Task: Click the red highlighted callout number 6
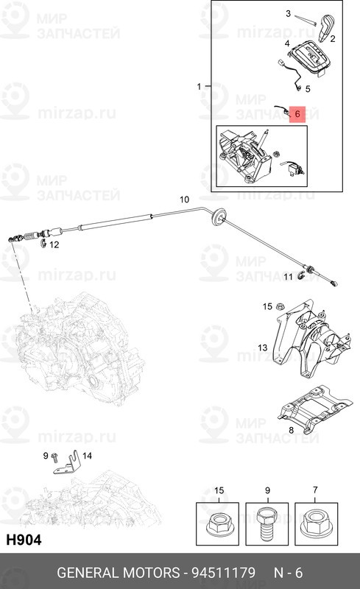click(297, 114)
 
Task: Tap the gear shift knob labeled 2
click(326, 27)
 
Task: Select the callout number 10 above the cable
click(184, 200)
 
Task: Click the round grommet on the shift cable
click(219, 216)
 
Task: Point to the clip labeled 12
click(43, 244)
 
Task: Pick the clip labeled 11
click(301, 276)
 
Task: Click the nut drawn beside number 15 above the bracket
click(279, 306)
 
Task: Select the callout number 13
click(262, 348)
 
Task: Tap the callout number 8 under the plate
click(292, 430)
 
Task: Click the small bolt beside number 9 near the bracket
click(55, 457)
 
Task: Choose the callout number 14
click(87, 456)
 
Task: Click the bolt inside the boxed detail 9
click(267, 524)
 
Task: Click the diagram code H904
click(24, 540)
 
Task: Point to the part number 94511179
click(224, 573)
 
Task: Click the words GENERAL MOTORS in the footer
click(118, 573)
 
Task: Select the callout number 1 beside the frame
click(200, 87)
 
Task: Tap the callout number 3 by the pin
click(289, 14)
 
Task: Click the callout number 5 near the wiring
click(308, 89)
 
